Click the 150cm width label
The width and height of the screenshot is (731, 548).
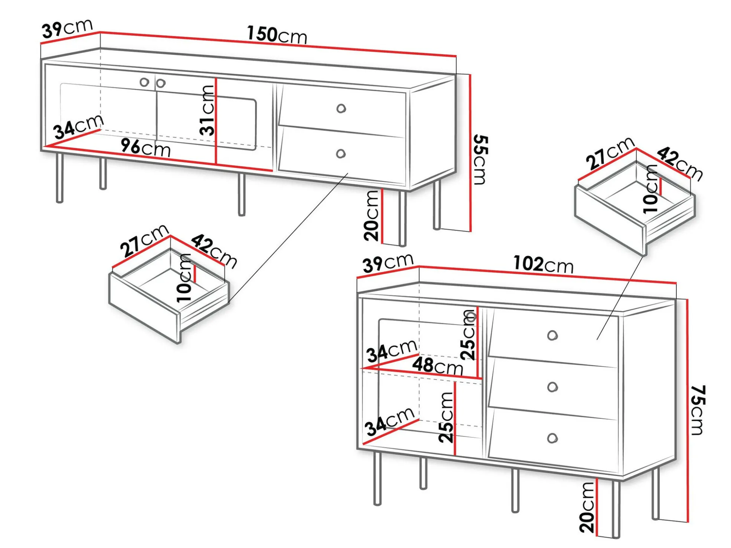pos(277,35)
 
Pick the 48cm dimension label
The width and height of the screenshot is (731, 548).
pos(437,365)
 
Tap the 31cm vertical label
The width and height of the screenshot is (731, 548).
pos(207,110)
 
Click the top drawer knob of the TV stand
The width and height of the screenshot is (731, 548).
pos(341,108)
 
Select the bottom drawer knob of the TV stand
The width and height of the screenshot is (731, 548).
pos(341,154)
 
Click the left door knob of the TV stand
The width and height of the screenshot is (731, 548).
pos(144,82)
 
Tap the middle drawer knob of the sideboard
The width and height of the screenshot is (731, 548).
pos(552,387)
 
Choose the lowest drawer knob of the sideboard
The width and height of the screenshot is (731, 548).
pos(552,438)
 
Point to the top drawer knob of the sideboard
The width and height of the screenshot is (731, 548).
pos(552,335)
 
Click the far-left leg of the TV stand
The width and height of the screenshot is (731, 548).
pos(60,178)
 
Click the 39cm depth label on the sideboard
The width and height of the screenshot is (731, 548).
pos(388,262)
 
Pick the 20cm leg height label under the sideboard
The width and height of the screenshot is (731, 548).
pos(587,507)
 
